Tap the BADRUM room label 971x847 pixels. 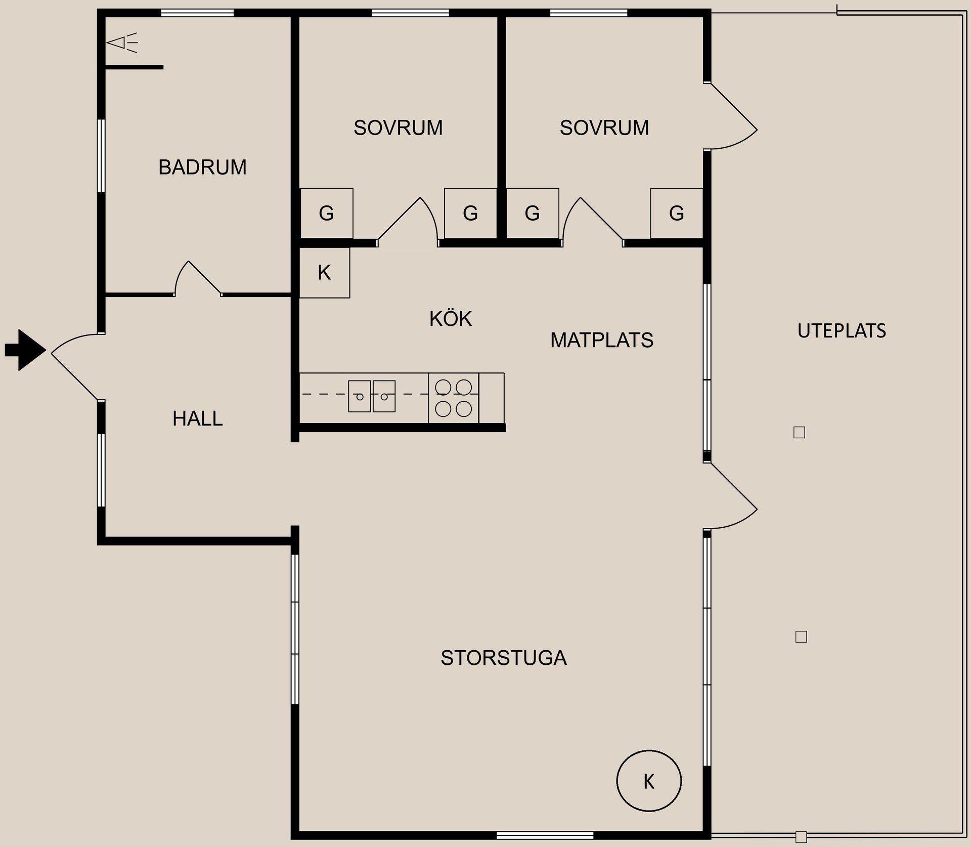coord(202,167)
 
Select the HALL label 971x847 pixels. coord(197,418)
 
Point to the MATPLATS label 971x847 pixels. coord(602,340)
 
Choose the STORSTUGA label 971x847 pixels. coord(504,658)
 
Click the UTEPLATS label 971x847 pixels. coord(842,331)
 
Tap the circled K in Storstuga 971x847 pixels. coord(649,781)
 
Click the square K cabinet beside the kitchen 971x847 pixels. coord(324,273)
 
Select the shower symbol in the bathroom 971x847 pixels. coord(122,43)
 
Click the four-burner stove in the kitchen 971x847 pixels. coord(454,398)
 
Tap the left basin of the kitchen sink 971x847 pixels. coord(360,396)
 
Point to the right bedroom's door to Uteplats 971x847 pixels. coord(731,116)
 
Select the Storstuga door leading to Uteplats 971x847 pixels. coord(731,496)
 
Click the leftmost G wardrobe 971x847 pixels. coord(327,213)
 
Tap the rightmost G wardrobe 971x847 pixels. coord(677,213)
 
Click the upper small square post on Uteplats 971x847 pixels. coord(799,433)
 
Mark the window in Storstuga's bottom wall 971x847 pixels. coord(545,835)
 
